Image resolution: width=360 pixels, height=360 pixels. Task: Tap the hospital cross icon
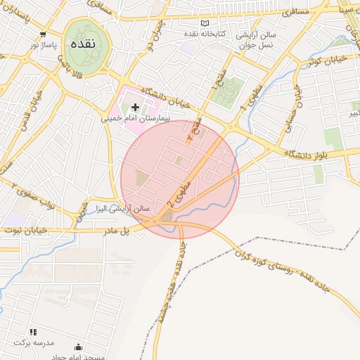[x=135, y=108]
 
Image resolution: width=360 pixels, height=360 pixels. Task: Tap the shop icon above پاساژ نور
[x=44, y=34]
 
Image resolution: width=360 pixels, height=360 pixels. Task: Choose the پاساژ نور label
[x=43, y=44]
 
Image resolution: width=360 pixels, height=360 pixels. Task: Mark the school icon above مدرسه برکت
[x=32, y=332]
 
